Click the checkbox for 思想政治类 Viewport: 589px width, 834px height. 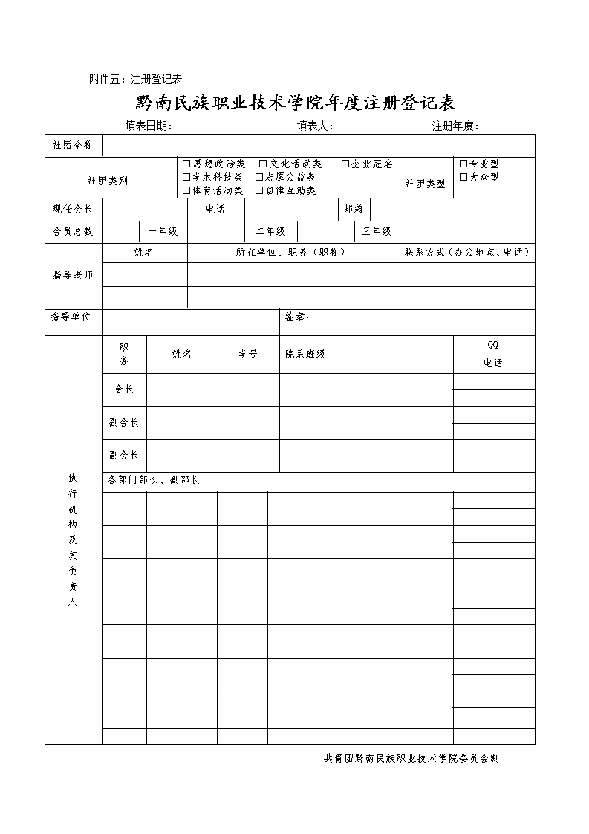pyautogui.click(x=186, y=164)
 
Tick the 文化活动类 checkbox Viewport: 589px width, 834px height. pyautogui.click(x=263, y=164)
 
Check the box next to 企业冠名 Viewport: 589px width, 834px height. pyautogui.click(x=345, y=164)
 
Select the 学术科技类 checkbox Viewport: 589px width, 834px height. pyautogui.click(x=186, y=177)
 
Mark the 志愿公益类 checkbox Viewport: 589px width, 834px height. pyautogui.click(x=259, y=177)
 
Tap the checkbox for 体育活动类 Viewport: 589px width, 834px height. pyautogui.click(x=186, y=190)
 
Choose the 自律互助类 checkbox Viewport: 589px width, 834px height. pyautogui.click(x=259, y=190)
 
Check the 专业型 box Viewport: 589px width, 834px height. pyautogui.click(x=463, y=164)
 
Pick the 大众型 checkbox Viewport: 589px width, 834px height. pyautogui.click(x=463, y=177)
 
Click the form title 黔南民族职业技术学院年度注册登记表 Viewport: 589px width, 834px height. pyautogui.click(x=296, y=102)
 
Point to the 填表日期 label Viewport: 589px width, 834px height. pyautogui.click(x=149, y=126)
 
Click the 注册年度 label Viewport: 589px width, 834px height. pyautogui.click(x=455, y=126)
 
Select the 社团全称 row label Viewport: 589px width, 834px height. pyautogui.click(x=73, y=146)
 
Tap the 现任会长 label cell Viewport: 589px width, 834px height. pyautogui.click(x=73, y=210)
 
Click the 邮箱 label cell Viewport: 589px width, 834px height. pyautogui.click(x=354, y=210)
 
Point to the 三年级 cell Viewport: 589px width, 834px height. pyautogui.click(x=377, y=232)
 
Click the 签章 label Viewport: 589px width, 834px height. pyautogui.click(x=297, y=317)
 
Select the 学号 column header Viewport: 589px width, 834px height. pyautogui.click(x=248, y=355)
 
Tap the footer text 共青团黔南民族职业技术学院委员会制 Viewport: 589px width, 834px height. pyautogui.click(x=411, y=759)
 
